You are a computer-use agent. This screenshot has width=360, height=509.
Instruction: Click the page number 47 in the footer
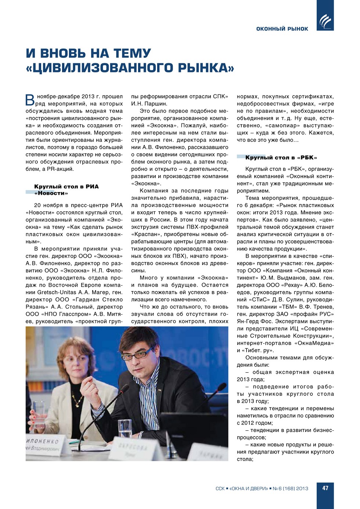pos(325,488)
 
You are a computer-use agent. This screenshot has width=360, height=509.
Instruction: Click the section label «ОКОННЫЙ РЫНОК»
pos(282,29)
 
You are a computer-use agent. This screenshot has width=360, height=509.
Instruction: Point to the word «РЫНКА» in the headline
pos(206,68)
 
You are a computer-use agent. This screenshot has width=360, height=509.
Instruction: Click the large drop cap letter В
pos(30,100)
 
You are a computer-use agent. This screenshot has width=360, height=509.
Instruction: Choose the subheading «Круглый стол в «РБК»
pos(281,158)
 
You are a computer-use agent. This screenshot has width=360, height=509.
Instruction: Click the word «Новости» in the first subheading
pos(51,193)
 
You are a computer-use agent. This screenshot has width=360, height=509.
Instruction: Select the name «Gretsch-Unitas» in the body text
pos(57,292)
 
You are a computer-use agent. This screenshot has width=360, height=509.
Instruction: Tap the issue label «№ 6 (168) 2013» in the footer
pos(290,488)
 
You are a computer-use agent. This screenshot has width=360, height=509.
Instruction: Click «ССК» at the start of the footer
pos(220,488)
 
